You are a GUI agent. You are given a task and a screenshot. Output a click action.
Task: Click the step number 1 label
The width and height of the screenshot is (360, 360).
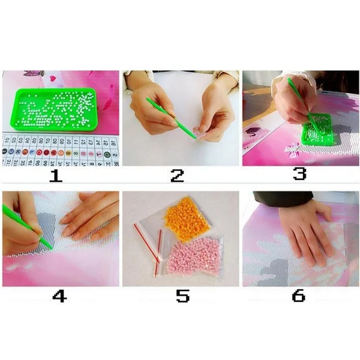56,175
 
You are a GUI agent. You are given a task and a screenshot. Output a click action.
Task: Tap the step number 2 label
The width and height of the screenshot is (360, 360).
176,175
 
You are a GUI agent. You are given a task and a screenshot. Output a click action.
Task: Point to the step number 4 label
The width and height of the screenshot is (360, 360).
58,296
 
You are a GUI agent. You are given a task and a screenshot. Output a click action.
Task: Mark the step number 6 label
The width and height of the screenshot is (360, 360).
298,296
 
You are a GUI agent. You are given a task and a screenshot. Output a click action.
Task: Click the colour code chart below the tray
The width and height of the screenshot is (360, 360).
60,150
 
